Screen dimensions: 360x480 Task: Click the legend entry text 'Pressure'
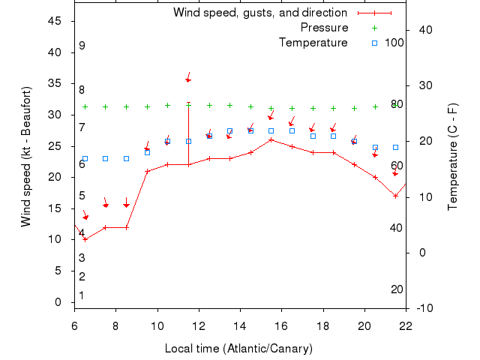click(x=324, y=28)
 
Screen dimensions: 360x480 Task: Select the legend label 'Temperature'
click(x=313, y=43)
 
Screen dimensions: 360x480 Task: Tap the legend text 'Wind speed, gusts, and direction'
click(x=259, y=13)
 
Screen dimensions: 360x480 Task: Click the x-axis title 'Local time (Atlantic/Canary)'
click(x=238, y=349)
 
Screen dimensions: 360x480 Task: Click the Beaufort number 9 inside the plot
click(x=82, y=46)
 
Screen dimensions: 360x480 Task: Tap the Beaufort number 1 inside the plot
click(x=82, y=295)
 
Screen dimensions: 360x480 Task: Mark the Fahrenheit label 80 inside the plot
click(x=397, y=104)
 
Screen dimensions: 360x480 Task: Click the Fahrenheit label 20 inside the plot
click(x=397, y=289)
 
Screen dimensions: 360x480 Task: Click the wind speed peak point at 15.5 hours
click(x=271, y=139)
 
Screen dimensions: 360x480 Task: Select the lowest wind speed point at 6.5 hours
click(x=85, y=239)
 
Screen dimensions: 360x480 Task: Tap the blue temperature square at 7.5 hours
click(x=106, y=158)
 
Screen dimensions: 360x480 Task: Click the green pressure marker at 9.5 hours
click(x=147, y=106)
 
